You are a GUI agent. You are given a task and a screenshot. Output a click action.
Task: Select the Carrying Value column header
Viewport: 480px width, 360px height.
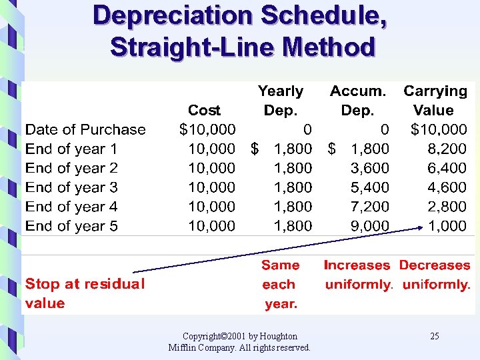pos(435,101)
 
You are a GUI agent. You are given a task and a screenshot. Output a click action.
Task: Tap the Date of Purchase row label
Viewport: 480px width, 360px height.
pos(85,129)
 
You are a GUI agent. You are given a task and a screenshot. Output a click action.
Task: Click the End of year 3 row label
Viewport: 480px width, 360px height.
pos(71,187)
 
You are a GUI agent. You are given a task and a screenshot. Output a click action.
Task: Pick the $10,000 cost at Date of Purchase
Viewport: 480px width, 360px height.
pos(207,129)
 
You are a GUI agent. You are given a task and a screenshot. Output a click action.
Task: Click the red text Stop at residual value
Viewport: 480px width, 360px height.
pos(85,293)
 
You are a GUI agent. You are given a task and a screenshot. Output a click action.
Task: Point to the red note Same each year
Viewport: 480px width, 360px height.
pos(280,284)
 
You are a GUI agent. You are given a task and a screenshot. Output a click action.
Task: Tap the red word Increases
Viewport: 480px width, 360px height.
pos(357,265)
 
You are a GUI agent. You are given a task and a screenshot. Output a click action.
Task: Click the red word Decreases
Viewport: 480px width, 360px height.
pos(435,265)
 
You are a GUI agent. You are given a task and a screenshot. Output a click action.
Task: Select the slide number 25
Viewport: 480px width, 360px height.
pos(434,336)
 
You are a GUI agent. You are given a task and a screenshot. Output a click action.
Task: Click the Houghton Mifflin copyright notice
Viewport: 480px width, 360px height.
pos(239,341)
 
